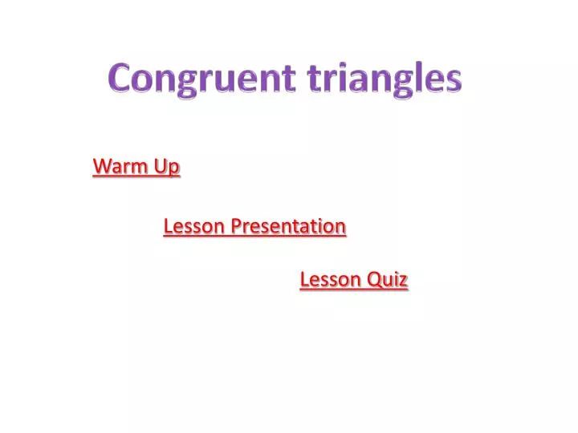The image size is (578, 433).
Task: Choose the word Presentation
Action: [x=289, y=227]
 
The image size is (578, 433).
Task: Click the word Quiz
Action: [x=389, y=280]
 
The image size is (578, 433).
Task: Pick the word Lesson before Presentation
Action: [x=194, y=227]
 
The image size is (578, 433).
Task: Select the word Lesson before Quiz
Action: [x=331, y=280]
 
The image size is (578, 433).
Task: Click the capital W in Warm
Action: [x=102, y=167]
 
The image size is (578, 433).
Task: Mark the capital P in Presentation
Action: [x=236, y=227]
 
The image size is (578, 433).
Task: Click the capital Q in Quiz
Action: [x=375, y=280]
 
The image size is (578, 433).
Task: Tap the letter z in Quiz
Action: [x=405, y=281]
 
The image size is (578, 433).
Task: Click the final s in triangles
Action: [x=454, y=82]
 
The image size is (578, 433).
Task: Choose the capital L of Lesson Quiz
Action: [x=304, y=280]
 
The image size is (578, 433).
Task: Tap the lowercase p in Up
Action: [x=174, y=170]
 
